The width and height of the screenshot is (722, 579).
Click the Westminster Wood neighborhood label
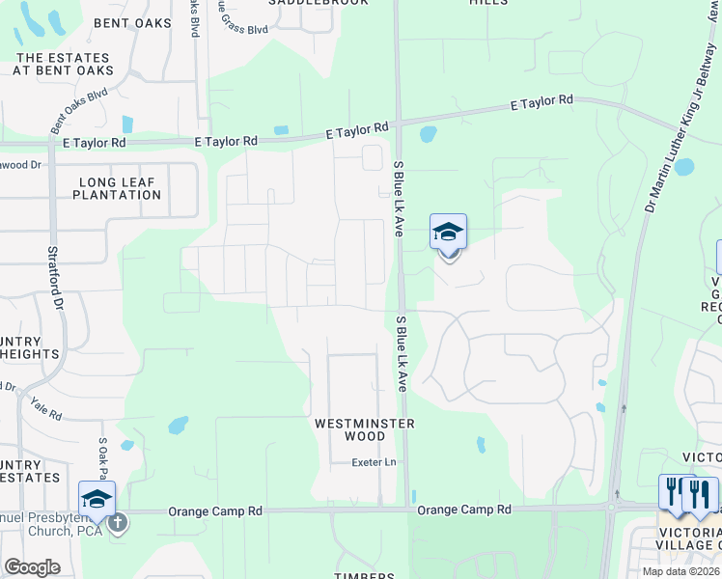click(x=364, y=429)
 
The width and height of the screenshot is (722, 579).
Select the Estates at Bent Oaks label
click(x=64, y=64)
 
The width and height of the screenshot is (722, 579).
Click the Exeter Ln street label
click(x=375, y=463)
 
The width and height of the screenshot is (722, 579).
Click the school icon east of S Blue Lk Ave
click(x=448, y=234)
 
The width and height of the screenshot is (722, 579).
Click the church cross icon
click(x=118, y=522)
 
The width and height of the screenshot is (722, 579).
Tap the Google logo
click(x=32, y=567)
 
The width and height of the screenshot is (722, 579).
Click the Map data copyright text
click(x=680, y=571)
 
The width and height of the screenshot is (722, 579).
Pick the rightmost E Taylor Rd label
click(x=541, y=101)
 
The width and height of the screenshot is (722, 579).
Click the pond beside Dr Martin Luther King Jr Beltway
click(x=684, y=166)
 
